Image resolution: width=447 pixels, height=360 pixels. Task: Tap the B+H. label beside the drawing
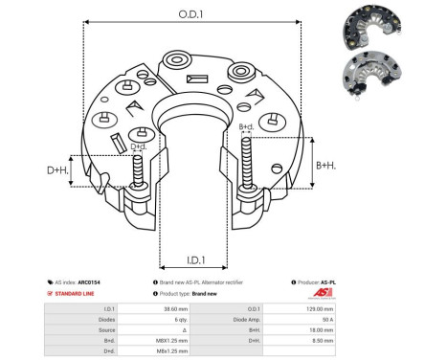tap(327, 165)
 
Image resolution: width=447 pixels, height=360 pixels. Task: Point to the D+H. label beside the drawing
tap(58, 170)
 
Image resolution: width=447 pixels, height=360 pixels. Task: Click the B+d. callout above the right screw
tap(246, 126)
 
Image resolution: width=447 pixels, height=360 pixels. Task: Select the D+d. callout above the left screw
tap(139, 146)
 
